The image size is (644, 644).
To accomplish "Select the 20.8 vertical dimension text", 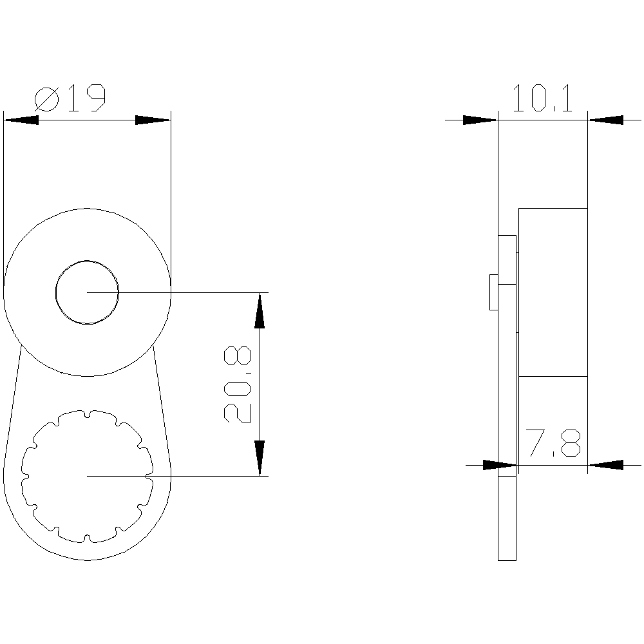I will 238,384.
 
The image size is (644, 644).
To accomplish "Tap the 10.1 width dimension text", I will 542,99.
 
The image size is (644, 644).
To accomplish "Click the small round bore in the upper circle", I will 87,292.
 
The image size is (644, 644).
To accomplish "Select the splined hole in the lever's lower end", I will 87,475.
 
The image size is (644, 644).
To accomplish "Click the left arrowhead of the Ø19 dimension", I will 21,120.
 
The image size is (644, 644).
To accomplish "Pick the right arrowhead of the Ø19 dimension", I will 153,120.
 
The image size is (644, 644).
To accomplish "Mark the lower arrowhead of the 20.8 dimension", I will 260,458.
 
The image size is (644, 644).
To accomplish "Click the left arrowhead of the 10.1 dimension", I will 480,120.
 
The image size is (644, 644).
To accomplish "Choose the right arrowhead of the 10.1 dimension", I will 606,120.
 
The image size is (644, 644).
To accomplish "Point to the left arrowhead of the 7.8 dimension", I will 500,464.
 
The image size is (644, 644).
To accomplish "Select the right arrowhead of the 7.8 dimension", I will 606,464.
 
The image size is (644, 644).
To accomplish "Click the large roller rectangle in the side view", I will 553,292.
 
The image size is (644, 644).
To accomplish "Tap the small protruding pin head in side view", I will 493,292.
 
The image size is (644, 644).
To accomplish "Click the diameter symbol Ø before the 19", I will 47,99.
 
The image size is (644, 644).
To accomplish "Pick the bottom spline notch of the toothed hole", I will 87,538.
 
